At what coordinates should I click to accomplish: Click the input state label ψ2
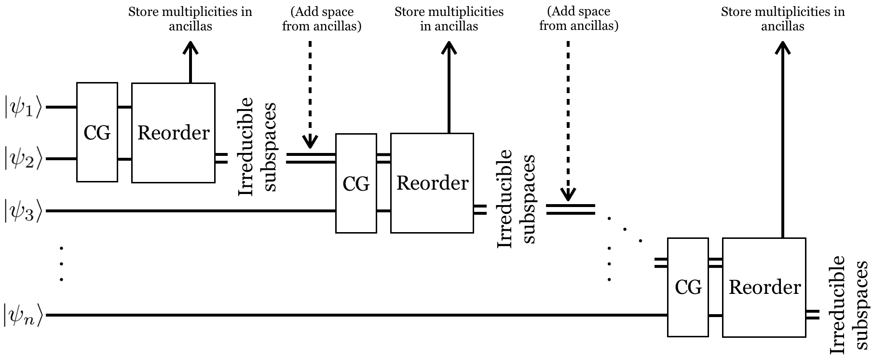pos(24,159)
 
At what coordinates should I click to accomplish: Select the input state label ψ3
pos(24,211)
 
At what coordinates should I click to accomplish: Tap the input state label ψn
pos(24,315)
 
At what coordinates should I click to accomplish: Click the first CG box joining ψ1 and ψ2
pos(97,132)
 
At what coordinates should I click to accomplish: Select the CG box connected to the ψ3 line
pos(356,183)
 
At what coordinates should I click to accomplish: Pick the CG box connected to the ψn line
pos(688,287)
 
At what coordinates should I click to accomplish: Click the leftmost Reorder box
pos(173,133)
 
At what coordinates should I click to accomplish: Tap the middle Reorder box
pos(432,183)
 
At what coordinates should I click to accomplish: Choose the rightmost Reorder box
pos(764,287)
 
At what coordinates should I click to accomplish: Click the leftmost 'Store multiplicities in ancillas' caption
pos(190,19)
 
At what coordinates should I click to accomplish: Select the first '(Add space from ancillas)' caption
pos(321,19)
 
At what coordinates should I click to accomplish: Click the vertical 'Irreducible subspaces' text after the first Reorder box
pos(258,147)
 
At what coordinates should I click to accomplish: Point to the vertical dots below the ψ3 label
pos(61,264)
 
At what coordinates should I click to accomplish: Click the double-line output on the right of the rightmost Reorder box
pos(813,315)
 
